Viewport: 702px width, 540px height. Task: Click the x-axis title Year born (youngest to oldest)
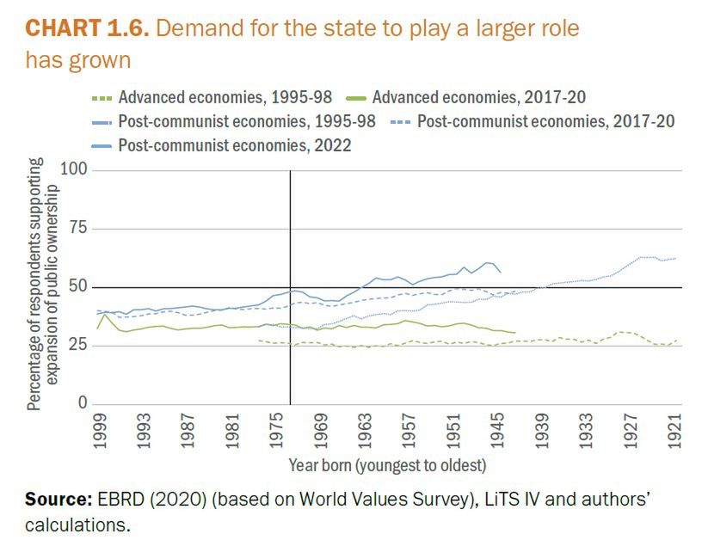coord(387,466)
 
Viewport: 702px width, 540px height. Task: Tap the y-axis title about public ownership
coord(42,288)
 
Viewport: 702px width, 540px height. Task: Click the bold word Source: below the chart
coord(58,500)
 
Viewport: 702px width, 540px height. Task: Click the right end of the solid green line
coord(515,332)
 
